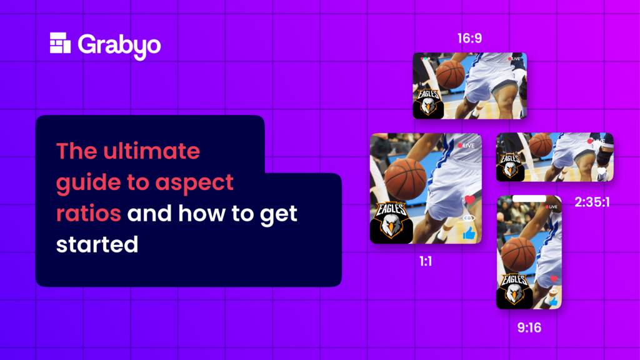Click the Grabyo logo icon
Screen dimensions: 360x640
[61, 43]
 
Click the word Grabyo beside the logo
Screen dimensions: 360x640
[119, 45]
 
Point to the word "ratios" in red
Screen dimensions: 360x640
[88, 213]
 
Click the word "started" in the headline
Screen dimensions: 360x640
[97, 244]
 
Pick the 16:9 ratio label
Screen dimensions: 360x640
[469, 39]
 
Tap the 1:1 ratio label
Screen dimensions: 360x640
[426, 261]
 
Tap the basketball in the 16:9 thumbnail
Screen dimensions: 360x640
[450, 74]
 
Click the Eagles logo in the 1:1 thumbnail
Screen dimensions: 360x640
[391, 221]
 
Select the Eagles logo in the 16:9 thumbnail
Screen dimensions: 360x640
[428, 102]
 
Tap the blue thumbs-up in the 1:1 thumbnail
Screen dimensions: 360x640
[469, 234]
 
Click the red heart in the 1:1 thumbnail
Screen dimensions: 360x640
[469, 200]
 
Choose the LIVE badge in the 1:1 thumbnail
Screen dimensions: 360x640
[466, 146]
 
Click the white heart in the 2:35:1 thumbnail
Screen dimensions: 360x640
[601, 170]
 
